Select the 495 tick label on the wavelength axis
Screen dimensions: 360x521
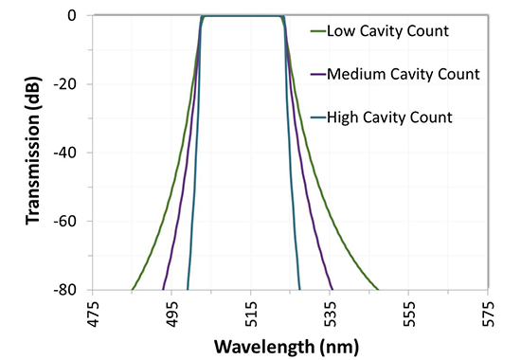[x=172, y=311]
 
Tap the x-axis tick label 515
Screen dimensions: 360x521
[x=251, y=311]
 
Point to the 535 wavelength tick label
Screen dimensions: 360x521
[x=330, y=311]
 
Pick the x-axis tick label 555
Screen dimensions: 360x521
[x=408, y=311]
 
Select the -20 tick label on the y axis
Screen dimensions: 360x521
[x=69, y=84]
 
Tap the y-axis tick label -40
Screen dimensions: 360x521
[x=69, y=153]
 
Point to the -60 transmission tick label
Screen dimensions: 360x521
[x=69, y=222]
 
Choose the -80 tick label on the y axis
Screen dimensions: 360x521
[x=69, y=290]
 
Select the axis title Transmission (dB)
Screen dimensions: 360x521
[x=34, y=152]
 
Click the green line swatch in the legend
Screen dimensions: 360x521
[x=316, y=32]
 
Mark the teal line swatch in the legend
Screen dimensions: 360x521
[x=316, y=117]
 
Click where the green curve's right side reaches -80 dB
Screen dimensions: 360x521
[x=378, y=289]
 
